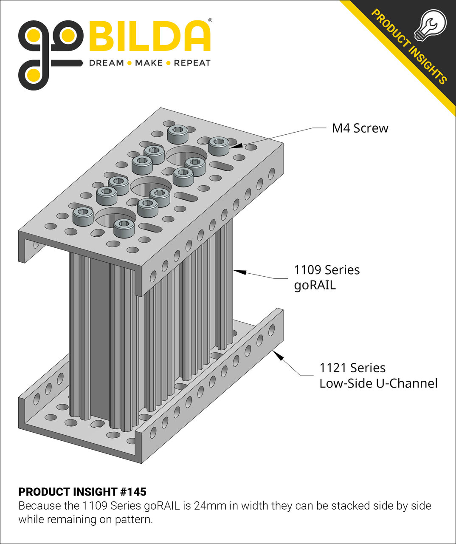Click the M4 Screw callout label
(360, 128)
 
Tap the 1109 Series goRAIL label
(327, 277)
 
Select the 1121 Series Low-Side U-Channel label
(378, 375)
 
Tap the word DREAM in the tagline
(106, 63)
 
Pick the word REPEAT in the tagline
(192, 63)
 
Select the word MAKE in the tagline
(149, 63)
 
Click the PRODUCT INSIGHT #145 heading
(82, 492)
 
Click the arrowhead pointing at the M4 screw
(236, 145)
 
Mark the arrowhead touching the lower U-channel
(278, 355)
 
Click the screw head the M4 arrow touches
(219, 145)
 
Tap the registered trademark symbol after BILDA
(210, 20)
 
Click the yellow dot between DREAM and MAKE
(129, 63)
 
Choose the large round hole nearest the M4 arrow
(186, 156)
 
